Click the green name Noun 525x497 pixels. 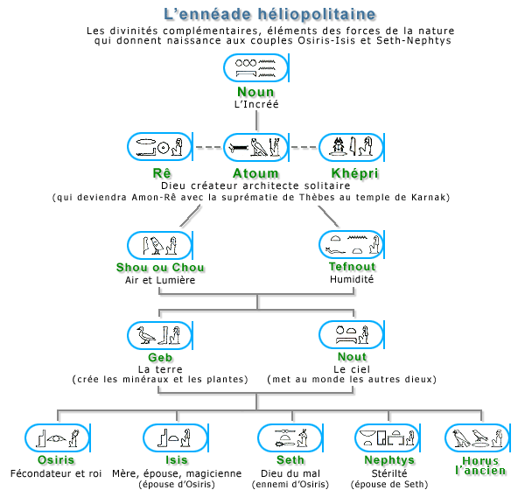pyautogui.click(x=255, y=92)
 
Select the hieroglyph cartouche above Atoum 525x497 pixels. pyautogui.click(x=256, y=147)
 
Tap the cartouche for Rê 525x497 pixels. pyautogui.click(x=160, y=147)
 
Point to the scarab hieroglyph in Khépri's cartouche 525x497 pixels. pyautogui.click(x=338, y=146)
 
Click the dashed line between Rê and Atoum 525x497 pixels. pyautogui.click(x=208, y=147)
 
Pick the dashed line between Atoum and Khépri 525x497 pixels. pyautogui.click(x=304, y=147)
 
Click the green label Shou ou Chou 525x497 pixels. pyautogui.click(x=160, y=267)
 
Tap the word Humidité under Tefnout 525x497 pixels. pyautogui.click(x=352, y=279)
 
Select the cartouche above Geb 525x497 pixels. pyautogui.click(x=160, y=335)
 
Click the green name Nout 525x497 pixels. pyautogui.click(x=353, y=357)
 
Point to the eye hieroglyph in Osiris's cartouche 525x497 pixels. pyautogui.click(x=57, y=438)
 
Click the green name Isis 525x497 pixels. pyautogui.click(x=177, y=460)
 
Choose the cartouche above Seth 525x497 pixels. pyautogui.click(x=290, y=437)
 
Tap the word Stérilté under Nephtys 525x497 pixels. pyautogui.click(x=389, y=473)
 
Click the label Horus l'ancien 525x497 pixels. pyautogui.click(x=480, y=465)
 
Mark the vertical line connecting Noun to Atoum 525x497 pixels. pyautogui.click(x=256, y=120)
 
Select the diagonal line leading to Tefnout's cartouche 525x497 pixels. pyautogui.click(x=328, y=216)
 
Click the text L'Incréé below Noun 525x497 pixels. pyautogui.click(x=256, y=104)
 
